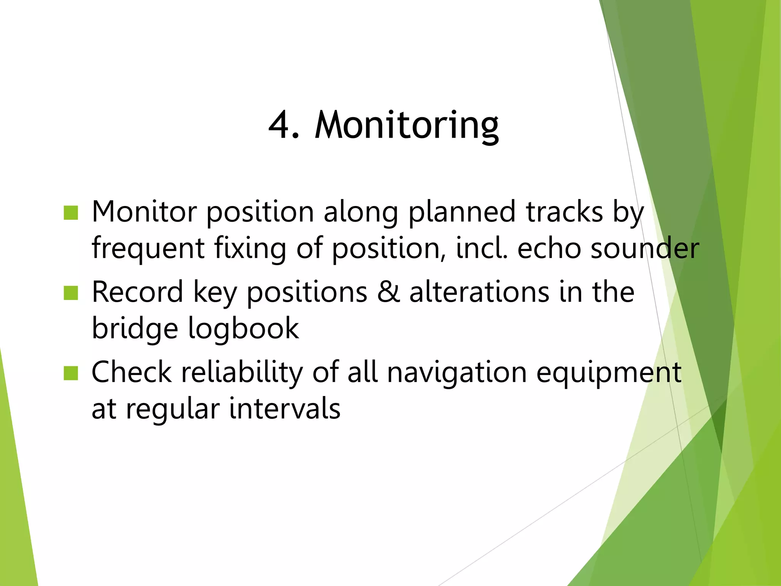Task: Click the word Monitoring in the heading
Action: pos(407,126)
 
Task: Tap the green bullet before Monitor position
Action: pos(71,213)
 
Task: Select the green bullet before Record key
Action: pos(71,293)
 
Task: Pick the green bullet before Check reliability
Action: pos(71,373)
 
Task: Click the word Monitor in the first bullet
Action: pos(144,212)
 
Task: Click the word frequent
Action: pos(148,249)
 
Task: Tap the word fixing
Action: pos(250,249)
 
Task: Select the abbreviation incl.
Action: pos(482,248)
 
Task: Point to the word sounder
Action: pos(645,248)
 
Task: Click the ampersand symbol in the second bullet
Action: pos(388,292)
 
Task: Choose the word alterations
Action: pos(479,292)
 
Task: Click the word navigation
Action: pos(457,372)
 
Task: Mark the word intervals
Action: pos(284,409)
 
